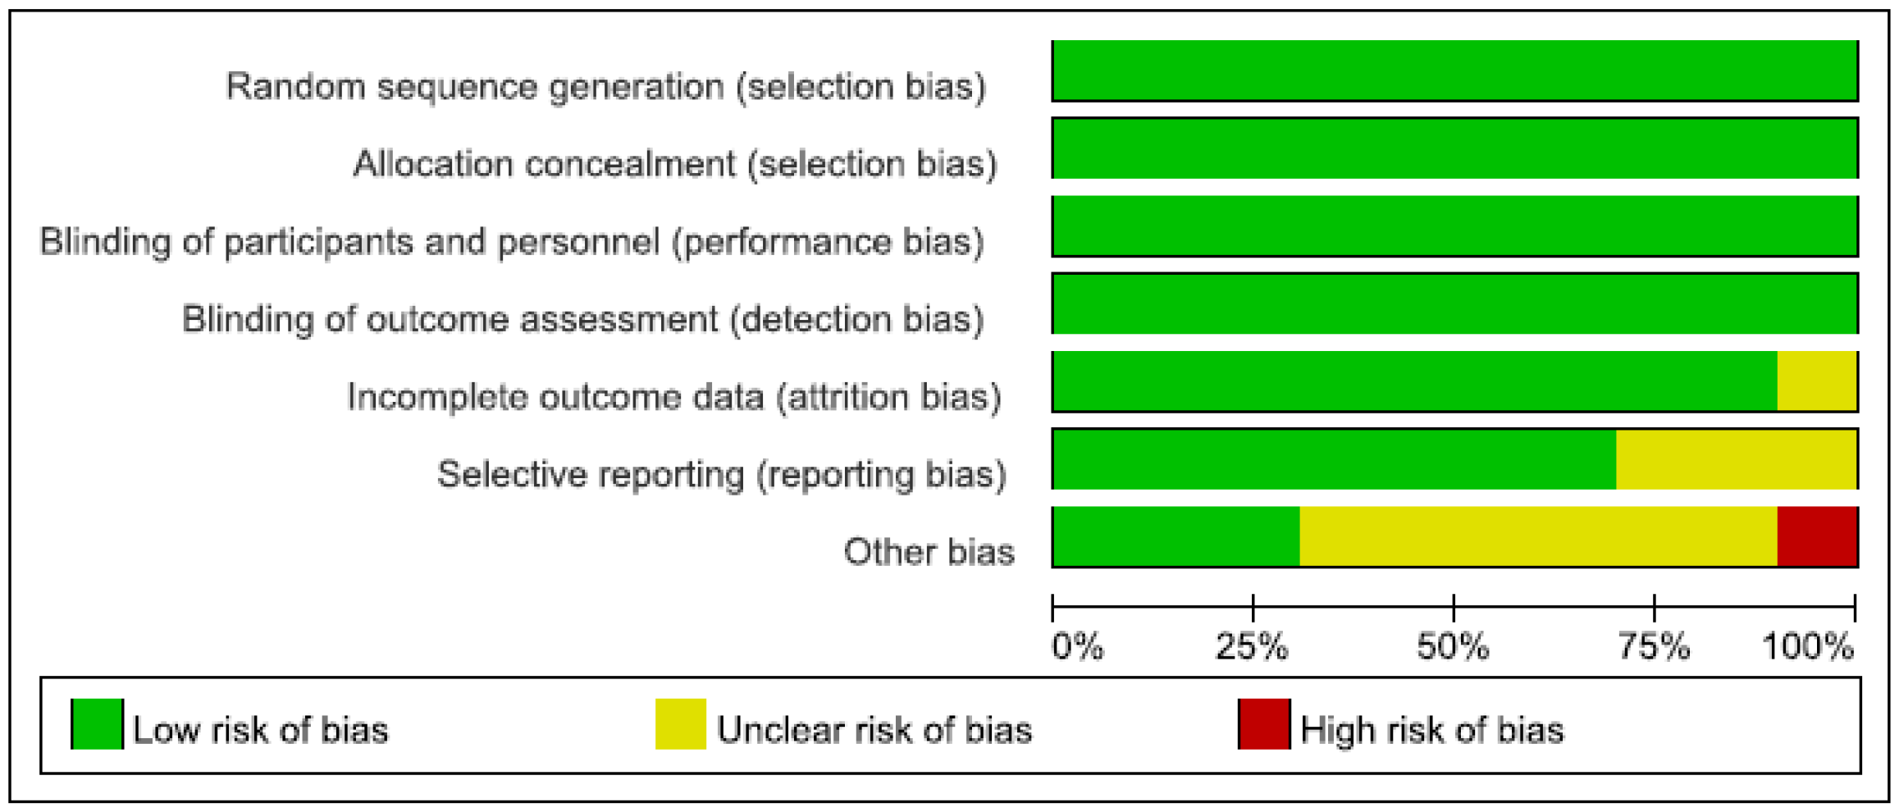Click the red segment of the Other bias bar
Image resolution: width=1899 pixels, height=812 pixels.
click(1816, 537)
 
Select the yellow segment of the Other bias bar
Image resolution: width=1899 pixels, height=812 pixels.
click(1538, 537)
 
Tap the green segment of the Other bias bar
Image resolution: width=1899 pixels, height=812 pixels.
click(1175, 537)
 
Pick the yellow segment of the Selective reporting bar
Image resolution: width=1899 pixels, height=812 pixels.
click(1736, 459)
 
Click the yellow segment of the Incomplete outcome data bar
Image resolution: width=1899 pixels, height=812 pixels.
click(1816, 381)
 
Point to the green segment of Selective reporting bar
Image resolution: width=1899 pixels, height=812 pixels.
click(1334, 459)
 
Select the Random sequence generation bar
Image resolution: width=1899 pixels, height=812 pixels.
click(1454, 71)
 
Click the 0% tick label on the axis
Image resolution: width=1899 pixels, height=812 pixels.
click(1077, 647)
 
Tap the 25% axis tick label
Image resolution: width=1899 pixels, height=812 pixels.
click(1252, 647)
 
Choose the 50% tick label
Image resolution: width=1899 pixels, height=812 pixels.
click(1453, 647)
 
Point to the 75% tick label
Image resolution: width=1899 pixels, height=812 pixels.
click(1654, 647)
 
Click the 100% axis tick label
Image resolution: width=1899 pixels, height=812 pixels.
click(1808, 647)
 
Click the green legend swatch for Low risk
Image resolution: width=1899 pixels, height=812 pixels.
click(97, 723)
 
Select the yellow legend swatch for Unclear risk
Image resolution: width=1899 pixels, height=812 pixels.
click(681, 723)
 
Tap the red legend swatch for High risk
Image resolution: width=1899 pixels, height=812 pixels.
click(1264, 723)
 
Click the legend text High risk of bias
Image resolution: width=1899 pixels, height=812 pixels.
click(1432, 730)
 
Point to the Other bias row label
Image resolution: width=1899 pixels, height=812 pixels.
click(929, 552)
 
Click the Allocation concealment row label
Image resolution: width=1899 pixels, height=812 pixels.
click(675, 164)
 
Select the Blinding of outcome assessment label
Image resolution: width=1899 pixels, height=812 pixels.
click(582, 319)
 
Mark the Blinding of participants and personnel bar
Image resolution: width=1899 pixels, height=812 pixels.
click(1454, 226)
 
